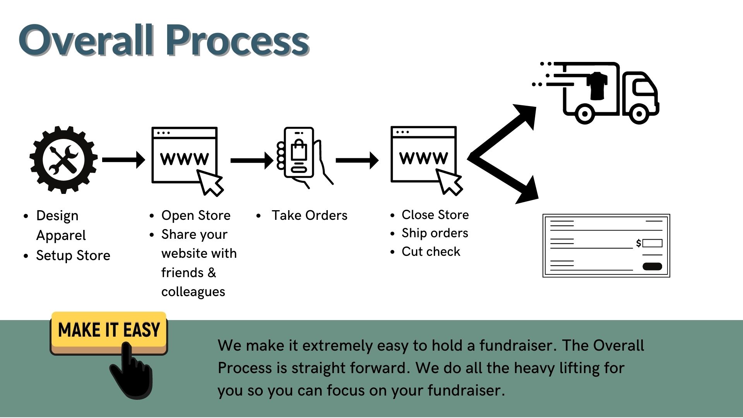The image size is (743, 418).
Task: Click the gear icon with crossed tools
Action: click(x=63, y=159)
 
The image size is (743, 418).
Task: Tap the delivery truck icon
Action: click(x=604, y=93)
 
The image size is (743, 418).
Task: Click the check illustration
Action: click(x=606, y=245)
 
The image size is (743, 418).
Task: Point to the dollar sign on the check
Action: click(x=639, y=243)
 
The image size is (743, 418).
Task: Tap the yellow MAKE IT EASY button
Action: click(x=109, y=330)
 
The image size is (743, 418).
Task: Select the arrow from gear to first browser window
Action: click(x=123, y=159)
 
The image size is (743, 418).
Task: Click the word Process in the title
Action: click(x=238, y=40)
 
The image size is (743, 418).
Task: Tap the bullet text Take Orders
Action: click(x=309, y=215)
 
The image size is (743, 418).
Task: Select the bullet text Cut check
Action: click(x=431, y=252)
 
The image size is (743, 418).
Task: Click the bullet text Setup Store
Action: click(x=73, y=255)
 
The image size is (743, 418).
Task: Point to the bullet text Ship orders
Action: click(x=435, y=233)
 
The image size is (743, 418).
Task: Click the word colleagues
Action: click(x=193, y=291)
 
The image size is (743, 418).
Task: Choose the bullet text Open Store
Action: click(x=196, y=215)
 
